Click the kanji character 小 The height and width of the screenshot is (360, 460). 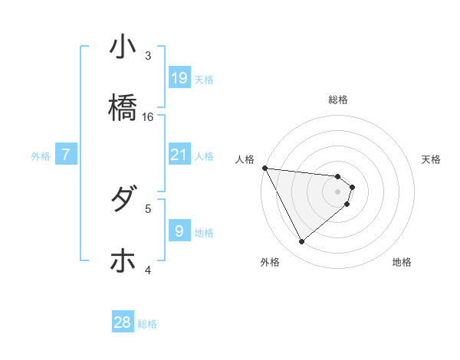[123, 47]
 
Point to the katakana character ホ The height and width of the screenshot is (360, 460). [123, 260]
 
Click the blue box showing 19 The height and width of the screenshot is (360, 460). [179, 78]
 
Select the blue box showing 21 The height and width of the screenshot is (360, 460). [179, 155]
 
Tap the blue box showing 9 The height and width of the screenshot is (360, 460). [179, 231]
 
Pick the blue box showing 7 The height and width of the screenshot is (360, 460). [66, 155]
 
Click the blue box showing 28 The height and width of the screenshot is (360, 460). [123, 322]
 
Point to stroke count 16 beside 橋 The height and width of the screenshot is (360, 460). [149, 117]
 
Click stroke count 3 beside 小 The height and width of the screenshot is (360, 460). [149, 56]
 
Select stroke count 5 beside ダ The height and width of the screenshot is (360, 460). [149, 208]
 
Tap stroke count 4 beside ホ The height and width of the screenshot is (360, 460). [149, 269]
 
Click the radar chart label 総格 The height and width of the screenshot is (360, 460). [338, 100]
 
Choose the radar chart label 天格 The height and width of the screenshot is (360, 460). [432, 159]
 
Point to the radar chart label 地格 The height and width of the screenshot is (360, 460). [402, 262]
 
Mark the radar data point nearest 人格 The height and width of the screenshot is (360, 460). [264, 167]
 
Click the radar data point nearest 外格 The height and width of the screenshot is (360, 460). [302, 242]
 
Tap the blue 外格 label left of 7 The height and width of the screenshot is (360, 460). [41, 156]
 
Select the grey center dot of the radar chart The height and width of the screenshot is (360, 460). [338, 191]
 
